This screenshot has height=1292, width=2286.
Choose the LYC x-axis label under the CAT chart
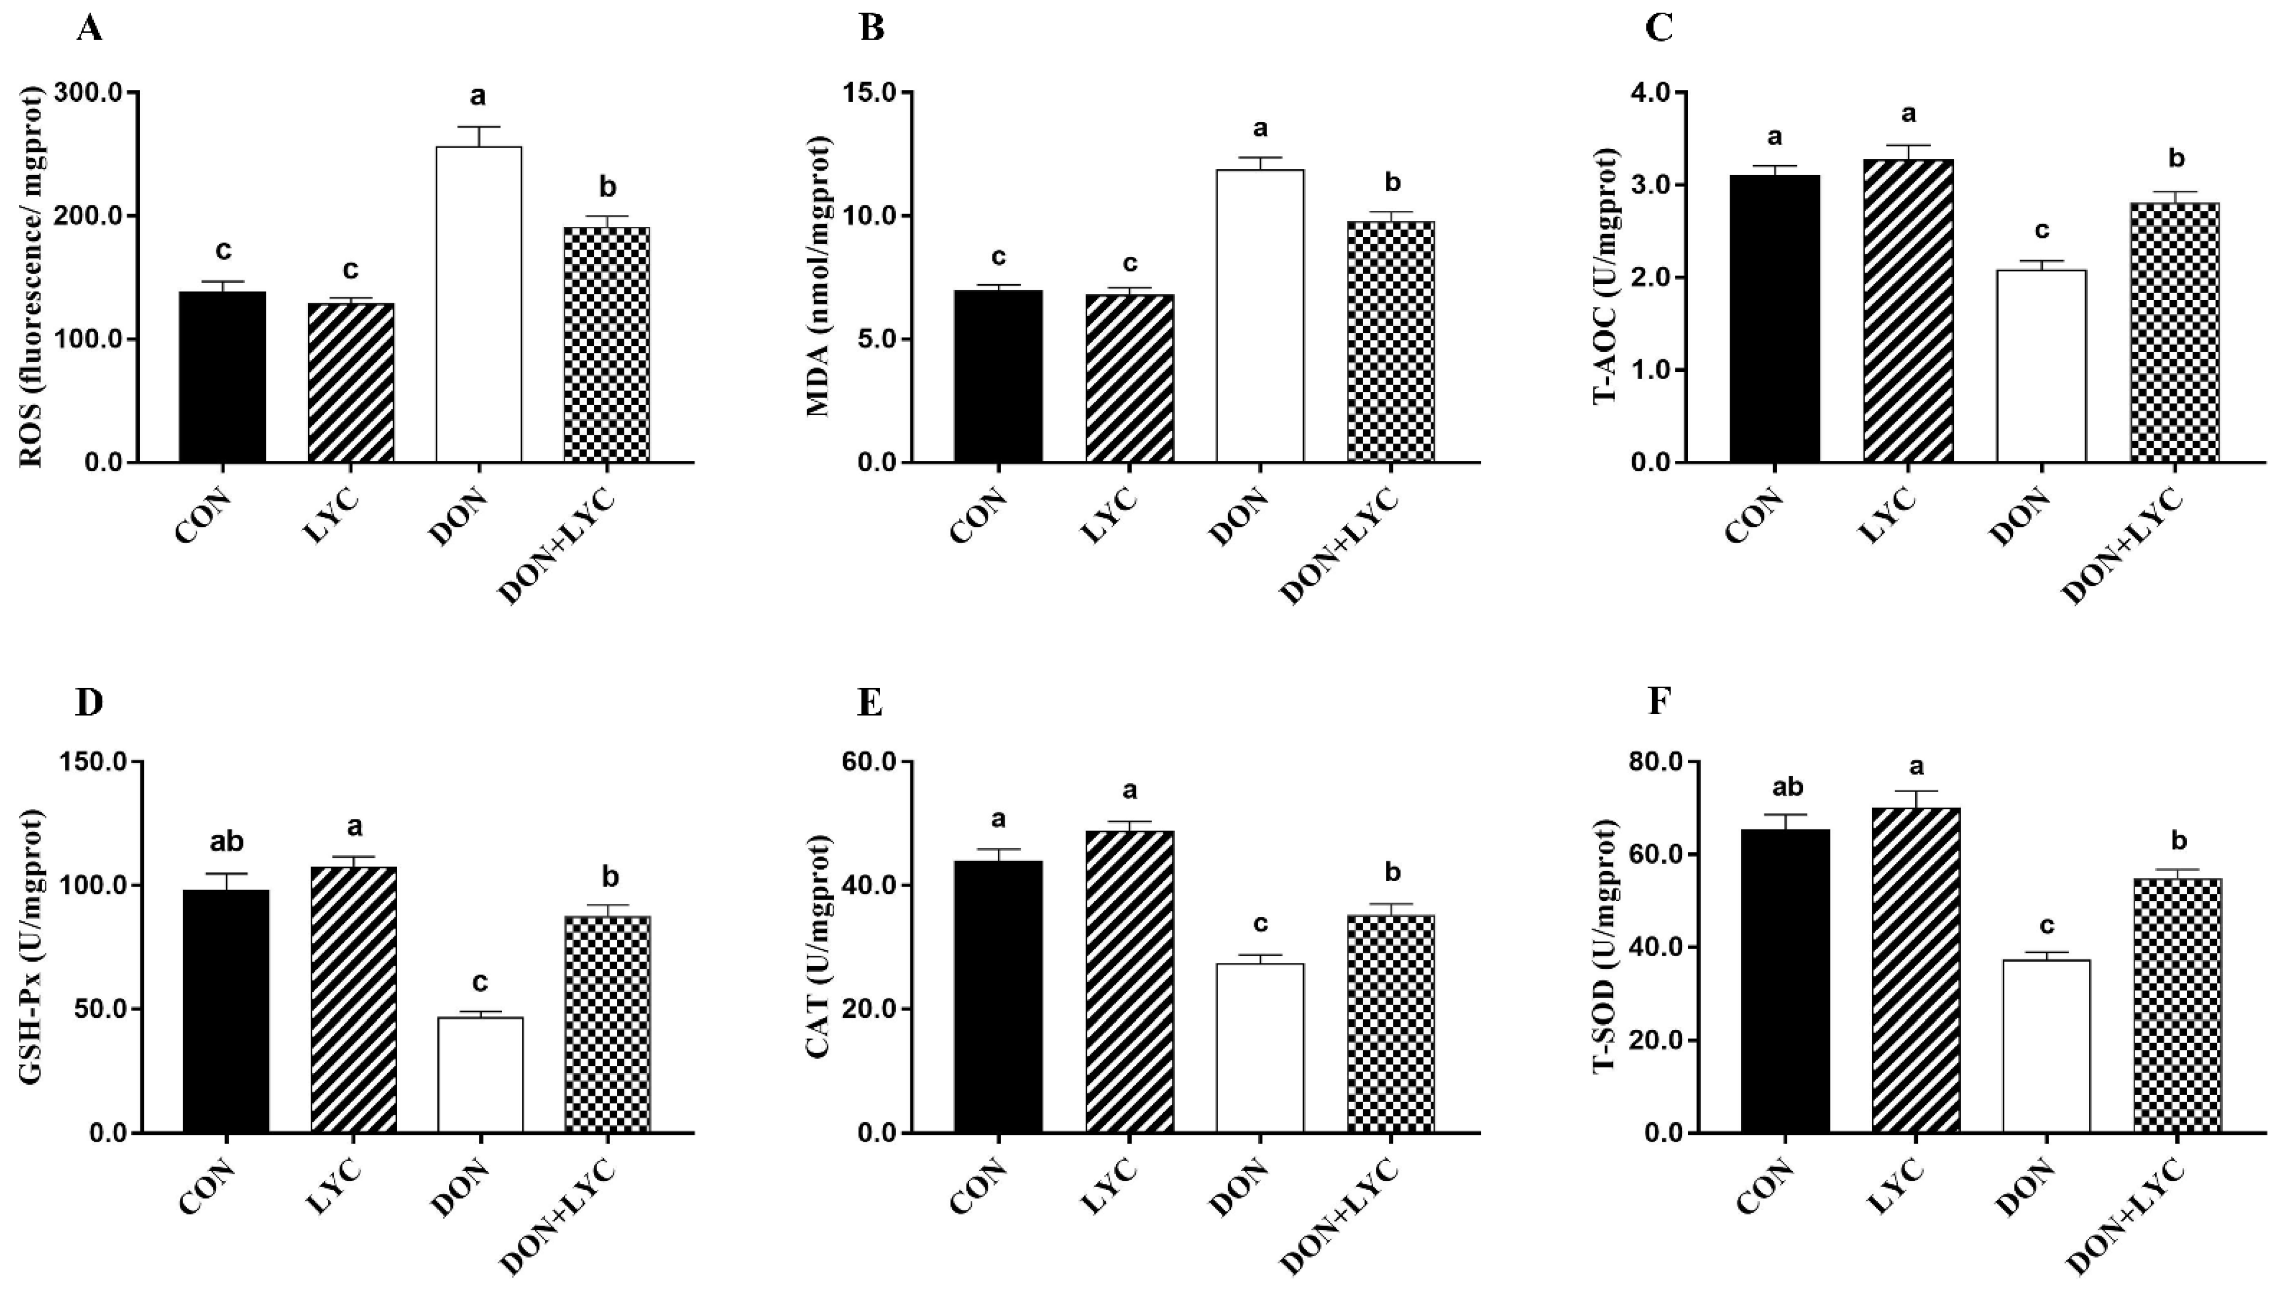point(1110,1187)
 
